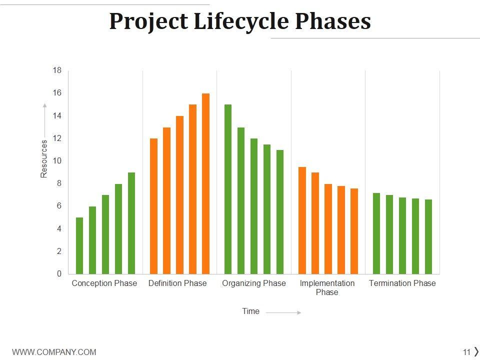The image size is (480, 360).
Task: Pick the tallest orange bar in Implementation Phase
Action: (x=302, y=220)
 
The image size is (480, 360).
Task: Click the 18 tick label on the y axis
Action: (x=57, y=70)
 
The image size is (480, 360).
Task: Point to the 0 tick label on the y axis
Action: (x=59, y=274)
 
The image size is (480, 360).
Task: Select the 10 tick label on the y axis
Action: (x=57, y=161)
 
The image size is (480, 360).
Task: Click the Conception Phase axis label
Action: (x=104, y=283)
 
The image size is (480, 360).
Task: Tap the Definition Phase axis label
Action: (x=177, y=283)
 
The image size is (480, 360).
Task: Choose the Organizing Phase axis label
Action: (x=254, y=283)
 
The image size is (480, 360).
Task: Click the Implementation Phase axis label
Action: (x=327, y=287)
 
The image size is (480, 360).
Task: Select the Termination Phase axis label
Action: (x=402, y=283)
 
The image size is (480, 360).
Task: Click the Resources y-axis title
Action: (x=44, y=158)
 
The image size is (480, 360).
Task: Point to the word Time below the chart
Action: (x=250, y=311)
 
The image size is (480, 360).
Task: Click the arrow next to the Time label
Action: (x=283, y=312)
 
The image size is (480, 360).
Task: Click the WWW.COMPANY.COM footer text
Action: (x=54, y=352)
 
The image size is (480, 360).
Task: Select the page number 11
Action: (x=466, y=352)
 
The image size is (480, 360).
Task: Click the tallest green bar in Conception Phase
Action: (x=131, y=223)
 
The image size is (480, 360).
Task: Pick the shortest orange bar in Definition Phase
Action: (x=153, y=206)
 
